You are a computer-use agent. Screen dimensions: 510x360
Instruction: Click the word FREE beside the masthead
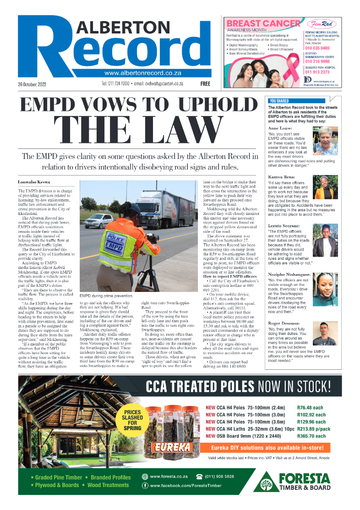point(205,84)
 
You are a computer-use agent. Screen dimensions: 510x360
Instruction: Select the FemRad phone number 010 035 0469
point(317,48)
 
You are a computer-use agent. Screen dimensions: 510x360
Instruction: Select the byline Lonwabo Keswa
point(34,182)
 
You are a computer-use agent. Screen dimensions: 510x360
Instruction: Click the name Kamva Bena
point(281,176)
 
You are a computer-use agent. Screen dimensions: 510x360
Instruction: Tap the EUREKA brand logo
point(173,446)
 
